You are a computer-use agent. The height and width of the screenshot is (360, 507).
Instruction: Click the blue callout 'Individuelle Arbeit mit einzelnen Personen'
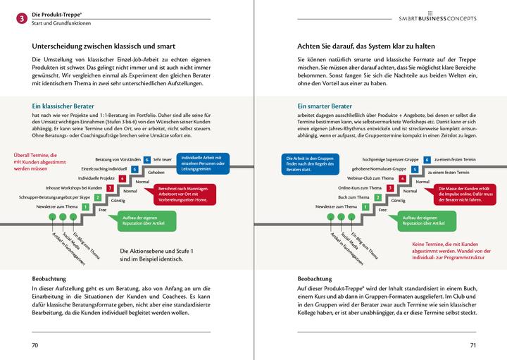pos(202,161)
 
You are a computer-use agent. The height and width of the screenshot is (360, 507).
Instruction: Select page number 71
pos(473,345)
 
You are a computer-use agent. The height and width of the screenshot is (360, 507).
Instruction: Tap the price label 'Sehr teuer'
pos(163,160)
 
